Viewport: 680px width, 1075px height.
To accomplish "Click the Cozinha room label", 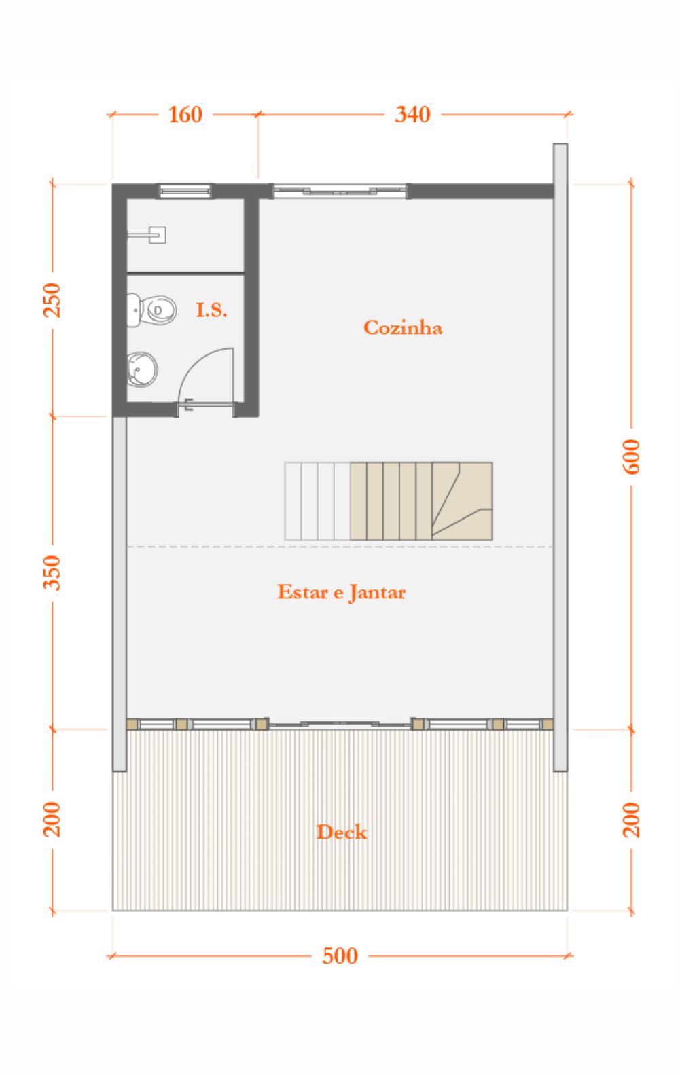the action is point(402,328).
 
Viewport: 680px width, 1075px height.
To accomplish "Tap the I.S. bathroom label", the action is point(211,310).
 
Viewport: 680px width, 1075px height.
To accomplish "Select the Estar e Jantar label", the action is point(341,593).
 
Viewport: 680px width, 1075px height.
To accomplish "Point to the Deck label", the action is point(342,832).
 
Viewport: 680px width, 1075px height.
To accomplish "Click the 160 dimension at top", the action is point(185,115).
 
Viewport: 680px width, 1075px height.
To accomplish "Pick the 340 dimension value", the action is point(412,115).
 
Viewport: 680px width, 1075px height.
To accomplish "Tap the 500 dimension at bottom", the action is point(340,955).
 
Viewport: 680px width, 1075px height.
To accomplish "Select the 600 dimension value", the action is point(631,457).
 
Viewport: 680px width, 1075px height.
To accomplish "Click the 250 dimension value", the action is point(52,300).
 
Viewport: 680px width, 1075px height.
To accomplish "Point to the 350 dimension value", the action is point(52,572).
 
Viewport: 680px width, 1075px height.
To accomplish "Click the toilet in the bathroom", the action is point(151,310).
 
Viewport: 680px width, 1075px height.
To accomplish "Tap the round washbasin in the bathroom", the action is point(142,369).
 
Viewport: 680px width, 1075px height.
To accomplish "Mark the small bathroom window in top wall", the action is point(185,191).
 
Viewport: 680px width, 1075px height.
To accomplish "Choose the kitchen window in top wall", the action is point(340,191).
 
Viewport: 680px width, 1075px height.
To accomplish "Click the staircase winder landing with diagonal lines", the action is point(461,501).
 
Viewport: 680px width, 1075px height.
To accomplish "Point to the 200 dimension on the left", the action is point(52,819).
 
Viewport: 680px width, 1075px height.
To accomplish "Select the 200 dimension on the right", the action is point(631,820).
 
